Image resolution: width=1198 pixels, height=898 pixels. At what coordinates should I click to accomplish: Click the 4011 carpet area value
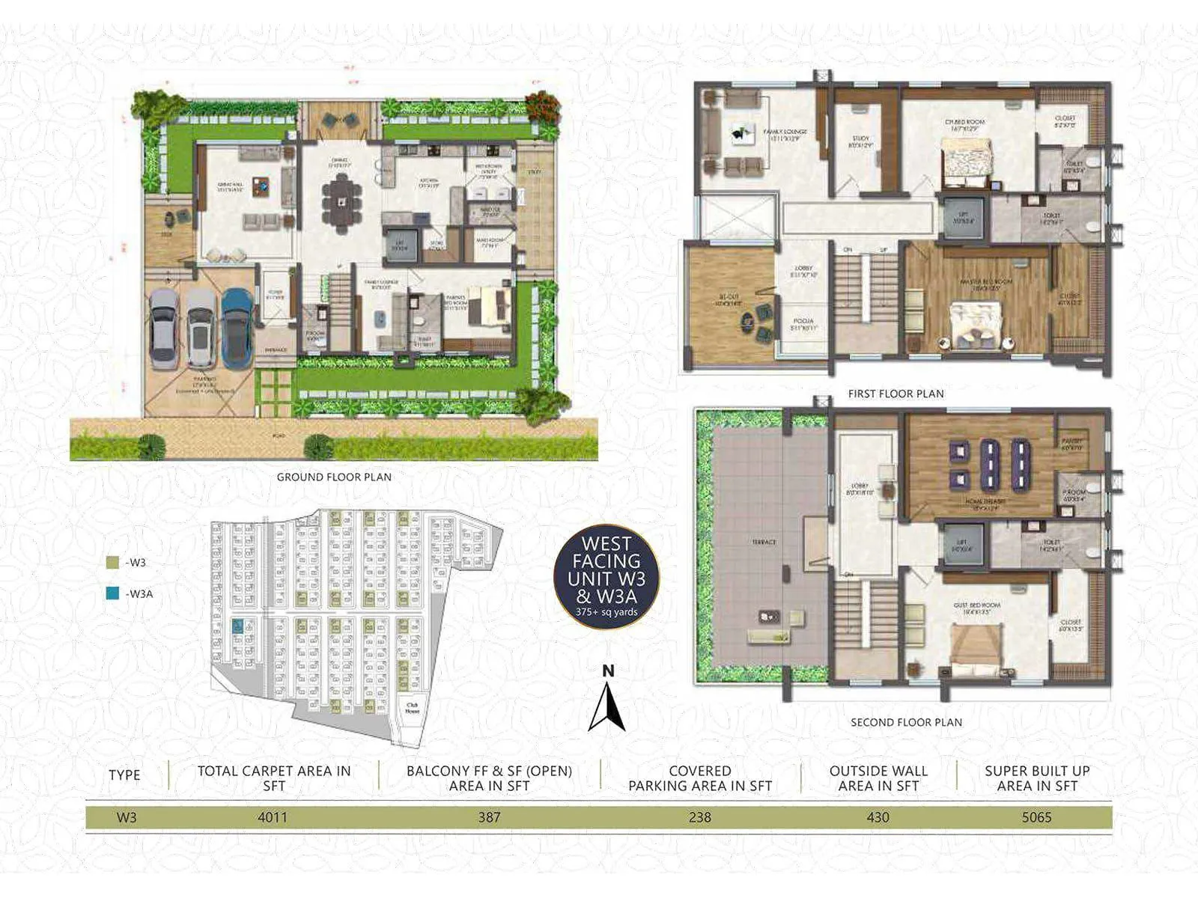273,817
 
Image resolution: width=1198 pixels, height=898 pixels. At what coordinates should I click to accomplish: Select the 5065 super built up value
1036,817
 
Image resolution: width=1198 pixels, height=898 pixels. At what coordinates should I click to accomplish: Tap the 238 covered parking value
699,817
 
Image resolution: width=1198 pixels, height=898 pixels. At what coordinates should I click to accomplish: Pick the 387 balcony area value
489,817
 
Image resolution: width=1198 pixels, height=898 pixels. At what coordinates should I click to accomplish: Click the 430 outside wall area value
878,817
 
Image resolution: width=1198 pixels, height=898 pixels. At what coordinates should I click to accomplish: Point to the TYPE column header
124,775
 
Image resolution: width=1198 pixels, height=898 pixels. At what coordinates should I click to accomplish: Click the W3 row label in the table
127,817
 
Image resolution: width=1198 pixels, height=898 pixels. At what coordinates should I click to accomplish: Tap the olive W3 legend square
113,563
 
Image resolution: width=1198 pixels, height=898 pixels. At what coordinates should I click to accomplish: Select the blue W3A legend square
113,594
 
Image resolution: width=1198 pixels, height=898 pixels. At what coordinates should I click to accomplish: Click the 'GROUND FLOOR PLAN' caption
334,477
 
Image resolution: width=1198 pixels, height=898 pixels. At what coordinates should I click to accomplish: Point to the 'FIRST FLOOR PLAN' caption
896,394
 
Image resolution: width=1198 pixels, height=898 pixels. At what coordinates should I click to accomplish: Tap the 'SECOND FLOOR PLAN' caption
906,722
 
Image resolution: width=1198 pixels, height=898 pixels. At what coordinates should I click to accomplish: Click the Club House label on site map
412,707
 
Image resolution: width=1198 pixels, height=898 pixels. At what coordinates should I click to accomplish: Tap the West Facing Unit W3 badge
606,576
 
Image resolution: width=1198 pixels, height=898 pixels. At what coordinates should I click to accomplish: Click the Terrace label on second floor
764,542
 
